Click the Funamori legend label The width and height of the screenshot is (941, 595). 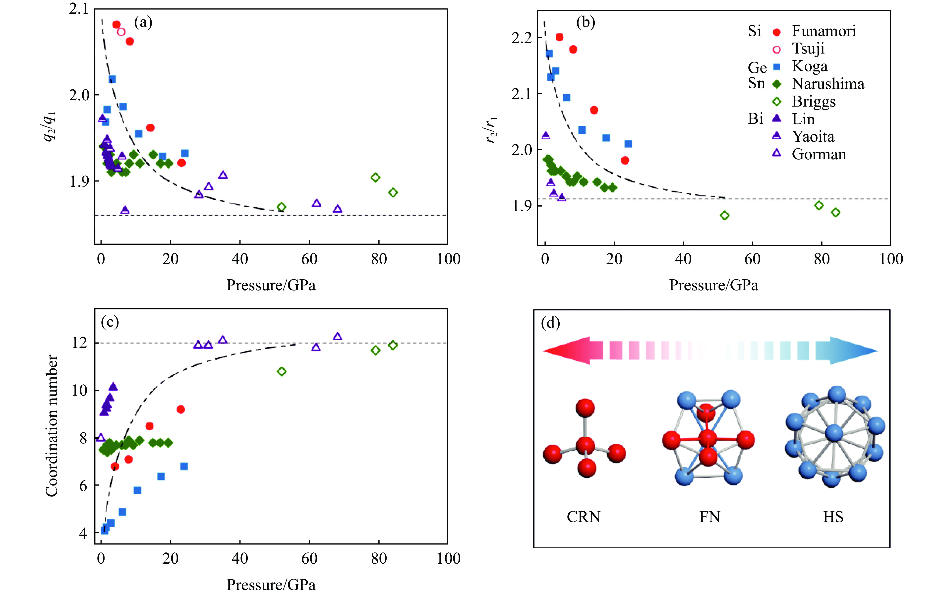tap(823, 31)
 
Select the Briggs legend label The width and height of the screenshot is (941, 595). tap(814, 102)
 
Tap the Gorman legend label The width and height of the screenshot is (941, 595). tap(819, 154)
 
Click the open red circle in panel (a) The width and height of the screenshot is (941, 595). tap(121, 32)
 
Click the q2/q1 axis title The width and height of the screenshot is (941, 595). tap(50, 126)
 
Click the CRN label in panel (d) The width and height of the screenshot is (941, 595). tap(584, 517)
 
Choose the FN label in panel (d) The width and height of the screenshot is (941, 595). tap(709, 517)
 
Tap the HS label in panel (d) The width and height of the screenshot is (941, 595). tap(833, 517)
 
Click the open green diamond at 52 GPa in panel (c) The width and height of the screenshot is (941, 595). tap(281, 371)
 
